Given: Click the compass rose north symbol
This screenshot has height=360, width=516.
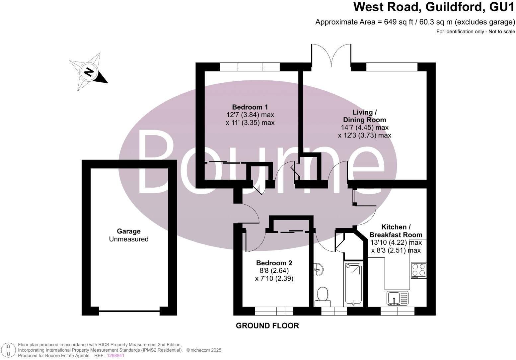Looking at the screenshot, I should [x=88, y=72].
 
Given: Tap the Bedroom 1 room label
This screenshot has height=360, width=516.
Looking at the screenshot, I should [x=250, y=107].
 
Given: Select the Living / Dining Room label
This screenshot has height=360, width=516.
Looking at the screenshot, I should [x=364, y=116].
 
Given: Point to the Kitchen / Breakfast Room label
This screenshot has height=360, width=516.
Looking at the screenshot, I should [x=396, y=231].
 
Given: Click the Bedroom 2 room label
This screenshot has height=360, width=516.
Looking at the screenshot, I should [x=274, y=263].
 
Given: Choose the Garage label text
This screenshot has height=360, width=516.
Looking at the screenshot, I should [x=128, y=231].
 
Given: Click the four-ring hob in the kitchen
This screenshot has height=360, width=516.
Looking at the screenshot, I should [x=419, y=270].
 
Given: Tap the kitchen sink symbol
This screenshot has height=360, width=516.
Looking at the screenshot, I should [x=398, y=298].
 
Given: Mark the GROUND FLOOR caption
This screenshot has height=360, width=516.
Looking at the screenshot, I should [x=267, y=326].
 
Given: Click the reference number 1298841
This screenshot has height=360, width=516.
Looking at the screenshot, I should [x=115, y=355].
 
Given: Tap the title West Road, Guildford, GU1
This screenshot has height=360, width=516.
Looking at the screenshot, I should [x=434, y=7].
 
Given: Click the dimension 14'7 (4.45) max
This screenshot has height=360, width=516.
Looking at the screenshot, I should [x=364, y=128].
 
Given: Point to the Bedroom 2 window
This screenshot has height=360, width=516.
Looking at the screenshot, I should [x=274, y=311].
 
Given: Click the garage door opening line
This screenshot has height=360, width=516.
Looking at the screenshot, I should [x=129, y=311].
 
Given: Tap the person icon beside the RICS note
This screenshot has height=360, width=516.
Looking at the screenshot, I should [x=9, y=350].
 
